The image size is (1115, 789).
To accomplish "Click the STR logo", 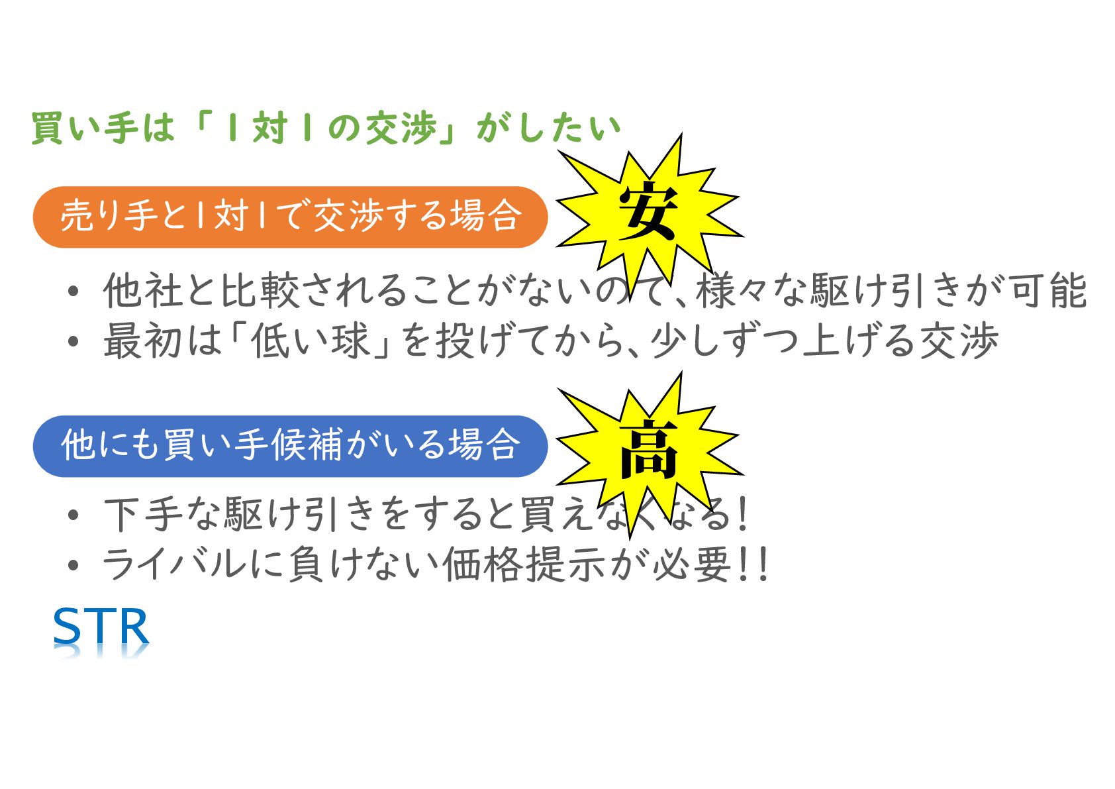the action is (101, 627).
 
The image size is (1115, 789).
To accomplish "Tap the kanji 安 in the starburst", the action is (648, 211).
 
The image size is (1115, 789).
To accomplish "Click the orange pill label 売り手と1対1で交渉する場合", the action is (290, 217).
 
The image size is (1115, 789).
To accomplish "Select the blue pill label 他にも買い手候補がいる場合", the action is (290, 445).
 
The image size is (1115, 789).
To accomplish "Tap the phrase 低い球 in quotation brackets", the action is (310, 341).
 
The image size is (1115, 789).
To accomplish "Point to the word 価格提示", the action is (523, 564).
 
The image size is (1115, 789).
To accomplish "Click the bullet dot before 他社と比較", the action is (73, 291).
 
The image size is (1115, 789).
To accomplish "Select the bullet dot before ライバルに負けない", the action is (73, 566).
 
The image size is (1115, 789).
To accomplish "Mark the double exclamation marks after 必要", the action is (753, 564).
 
